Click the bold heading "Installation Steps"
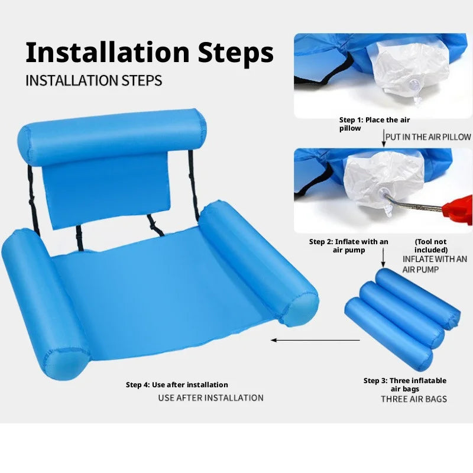pyautogui.click(x=150, y=53)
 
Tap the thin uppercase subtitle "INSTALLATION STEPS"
pyautogui.click(x=94, y=80)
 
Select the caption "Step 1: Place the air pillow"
pyautogui.click(x=374, y=124)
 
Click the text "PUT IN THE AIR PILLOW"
pyautogui.click(x=428, y=137)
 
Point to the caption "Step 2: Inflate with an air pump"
pyautogui.click(x=349, y=246)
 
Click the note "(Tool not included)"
pyautogui.click(x=431, y=246)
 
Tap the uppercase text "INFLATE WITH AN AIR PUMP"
pyautogui.click(x=435, y=264)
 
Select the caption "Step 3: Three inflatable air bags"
pyautogui.click(x=405, y=385)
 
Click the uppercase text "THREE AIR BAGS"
pyautogui.click(x=414, y=399)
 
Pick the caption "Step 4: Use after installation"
pyautogui.click(x=177, y=385)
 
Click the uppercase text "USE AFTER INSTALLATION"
pyautogui.click(x=211, y=398)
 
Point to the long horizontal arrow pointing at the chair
pyautogui.click(x=316, y=341)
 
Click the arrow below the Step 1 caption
pyautogui.click(x=384, y=138)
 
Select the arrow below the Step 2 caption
pyautogui.click(x=383, y=258)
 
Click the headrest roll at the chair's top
pyautogui.click(x=112, y=137)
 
